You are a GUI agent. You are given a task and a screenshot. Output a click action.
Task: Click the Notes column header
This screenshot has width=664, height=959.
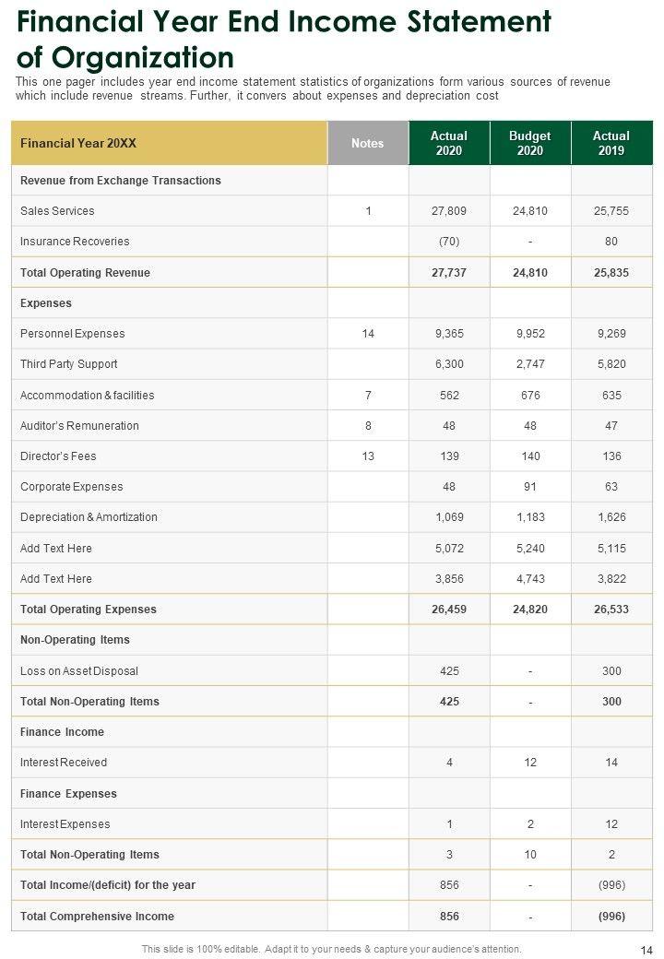(367, 144)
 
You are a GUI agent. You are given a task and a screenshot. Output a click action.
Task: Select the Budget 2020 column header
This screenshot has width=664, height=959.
(530, 144)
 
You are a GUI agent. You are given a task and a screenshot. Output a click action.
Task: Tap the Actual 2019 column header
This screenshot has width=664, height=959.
(611, 144)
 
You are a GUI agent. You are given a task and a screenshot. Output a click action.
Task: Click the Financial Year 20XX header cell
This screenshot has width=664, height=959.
(78, 144)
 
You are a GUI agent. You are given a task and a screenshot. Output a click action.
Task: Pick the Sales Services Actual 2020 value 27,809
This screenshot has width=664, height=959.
(449, 211)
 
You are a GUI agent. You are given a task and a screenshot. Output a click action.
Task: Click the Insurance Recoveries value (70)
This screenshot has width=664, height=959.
(449, 242)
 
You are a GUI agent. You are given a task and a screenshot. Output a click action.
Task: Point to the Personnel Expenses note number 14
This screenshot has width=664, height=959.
(368, 334)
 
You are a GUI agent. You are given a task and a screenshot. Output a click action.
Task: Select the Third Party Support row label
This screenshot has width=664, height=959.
(69, 364)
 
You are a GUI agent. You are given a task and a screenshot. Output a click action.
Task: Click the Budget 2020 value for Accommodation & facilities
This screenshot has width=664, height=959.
(530, 396)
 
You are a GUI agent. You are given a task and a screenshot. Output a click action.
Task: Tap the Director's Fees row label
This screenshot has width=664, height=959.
(58, 456)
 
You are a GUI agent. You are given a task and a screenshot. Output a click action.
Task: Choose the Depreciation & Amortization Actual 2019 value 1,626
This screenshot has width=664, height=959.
(611, 517)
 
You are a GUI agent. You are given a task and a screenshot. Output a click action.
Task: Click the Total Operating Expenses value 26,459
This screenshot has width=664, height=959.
(449, 610)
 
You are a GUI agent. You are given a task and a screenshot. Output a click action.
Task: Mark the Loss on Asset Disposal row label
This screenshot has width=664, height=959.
(79, 671)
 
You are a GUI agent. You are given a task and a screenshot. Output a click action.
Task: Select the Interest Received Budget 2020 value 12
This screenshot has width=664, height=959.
(530, 763)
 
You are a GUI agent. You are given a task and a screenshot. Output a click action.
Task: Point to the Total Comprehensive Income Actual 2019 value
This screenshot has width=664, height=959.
(611, 917)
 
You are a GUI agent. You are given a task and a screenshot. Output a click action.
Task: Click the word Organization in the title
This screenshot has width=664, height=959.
(143, 57)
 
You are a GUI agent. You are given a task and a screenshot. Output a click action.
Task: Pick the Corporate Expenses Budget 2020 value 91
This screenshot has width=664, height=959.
(530, 487)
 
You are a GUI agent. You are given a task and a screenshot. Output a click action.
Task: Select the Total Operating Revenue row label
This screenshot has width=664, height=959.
(85, 273)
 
